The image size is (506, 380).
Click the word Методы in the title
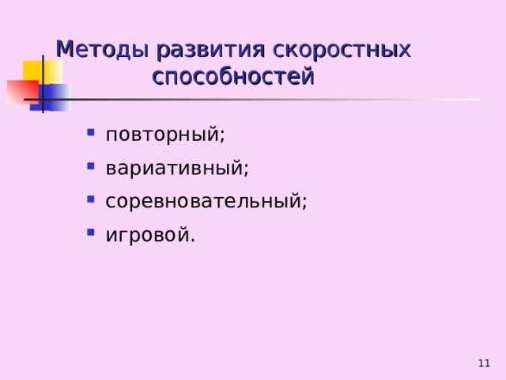pyautogui.click(x=103, y=50)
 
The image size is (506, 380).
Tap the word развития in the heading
pyautogui.click(x=211, y=51)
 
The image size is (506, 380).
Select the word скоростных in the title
pyautogui.click(x=342, y=51)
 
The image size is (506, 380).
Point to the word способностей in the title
pyautogui.click(x=233, y=76)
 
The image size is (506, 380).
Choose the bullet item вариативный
pyautogui.click(x=177, y=168)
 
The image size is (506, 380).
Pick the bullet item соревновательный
pyautogui.click(x=206, y=200)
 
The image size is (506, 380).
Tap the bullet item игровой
pyautogui.click(x=150, y=234)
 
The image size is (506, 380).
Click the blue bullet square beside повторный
pyautogui.click(x=91, y=132)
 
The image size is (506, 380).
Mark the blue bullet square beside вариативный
pyautogui.click(x=91, y=166)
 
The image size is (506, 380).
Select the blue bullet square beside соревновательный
pyautogui.click(x=91, y=199)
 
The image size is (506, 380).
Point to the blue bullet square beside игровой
pyautogui.click(x=91, y=232)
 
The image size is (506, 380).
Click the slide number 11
pyautogui.click(x=484, y=363)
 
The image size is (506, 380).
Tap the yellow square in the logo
pyautogui.click(x=42, y=72)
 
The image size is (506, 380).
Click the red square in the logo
pyautogui.click(x=23, y=92)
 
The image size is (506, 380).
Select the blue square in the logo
pyautogui.click(x=51, y=97)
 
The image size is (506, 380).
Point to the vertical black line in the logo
pyautogui.click(x=43, y=84)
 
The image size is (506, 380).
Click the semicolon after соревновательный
pyautogui.click(x=304, y=203)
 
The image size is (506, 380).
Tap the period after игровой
pyautogui.click(x=193, y=241)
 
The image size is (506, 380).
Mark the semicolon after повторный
pyautogui.click(x=221, y=135)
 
